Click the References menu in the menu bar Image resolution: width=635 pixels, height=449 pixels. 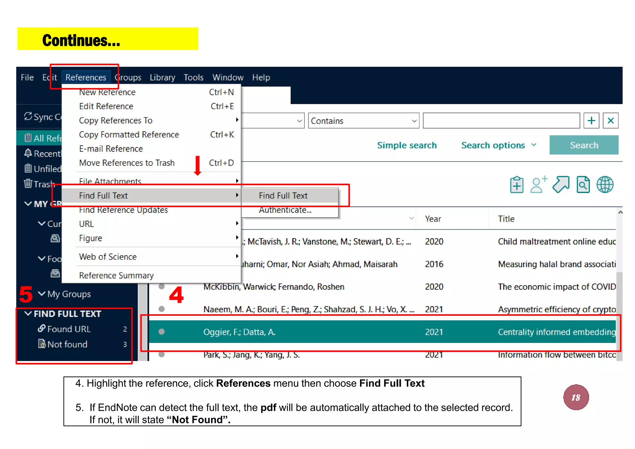pos(86,77)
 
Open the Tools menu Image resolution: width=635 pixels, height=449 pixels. pos(193,77)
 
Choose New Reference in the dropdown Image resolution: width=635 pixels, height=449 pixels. pos(107,92)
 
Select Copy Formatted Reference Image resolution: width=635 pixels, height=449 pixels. pos(129,135)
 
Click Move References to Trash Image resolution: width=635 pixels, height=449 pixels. pos(127,163)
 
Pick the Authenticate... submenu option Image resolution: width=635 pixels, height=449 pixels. pos(285,210)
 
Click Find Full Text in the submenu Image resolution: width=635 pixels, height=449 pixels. pos(283,196)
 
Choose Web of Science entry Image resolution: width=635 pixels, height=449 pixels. pos(108,257)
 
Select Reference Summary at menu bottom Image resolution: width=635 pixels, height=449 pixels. pos(116,275)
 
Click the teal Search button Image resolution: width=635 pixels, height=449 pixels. pos(584,145)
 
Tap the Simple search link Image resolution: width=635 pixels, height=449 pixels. pos(406,145)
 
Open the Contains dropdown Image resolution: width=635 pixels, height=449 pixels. pos(363,121)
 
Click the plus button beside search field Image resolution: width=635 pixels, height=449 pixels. pos(591,121)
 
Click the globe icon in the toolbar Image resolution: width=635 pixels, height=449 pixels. pos(605,185)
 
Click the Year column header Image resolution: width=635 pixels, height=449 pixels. pos(433,219)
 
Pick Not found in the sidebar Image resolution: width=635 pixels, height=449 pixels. pos(67,344)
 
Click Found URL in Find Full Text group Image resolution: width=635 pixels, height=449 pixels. pos(69,329)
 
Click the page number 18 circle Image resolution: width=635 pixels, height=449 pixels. pos(576,397)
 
